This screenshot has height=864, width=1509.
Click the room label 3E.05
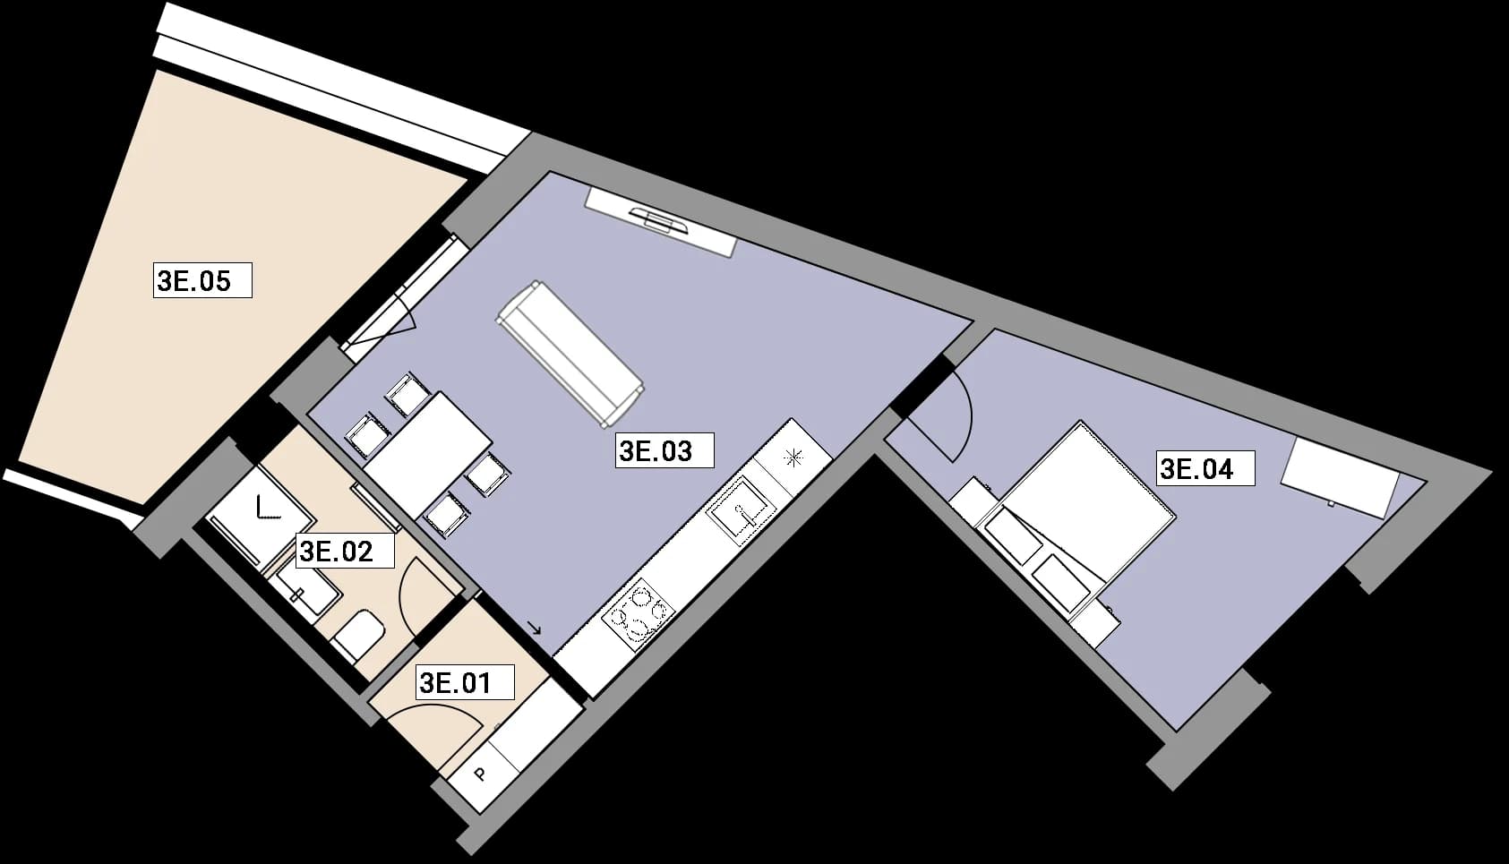[x=202, y=280]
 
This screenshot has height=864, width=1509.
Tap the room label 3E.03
[x=664, y=450]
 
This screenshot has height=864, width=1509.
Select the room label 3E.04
[x=1205, y=468]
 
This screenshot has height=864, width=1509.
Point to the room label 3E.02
[x=345, y=551]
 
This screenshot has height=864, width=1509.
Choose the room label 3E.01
[x=465, y=682]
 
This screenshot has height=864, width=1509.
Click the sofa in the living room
[x=570, y=354]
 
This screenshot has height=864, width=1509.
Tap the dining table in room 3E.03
[x=428, y=455]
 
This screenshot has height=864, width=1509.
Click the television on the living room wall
[x=660, y=221]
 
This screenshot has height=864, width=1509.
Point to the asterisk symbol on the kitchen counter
[x=793, y=458]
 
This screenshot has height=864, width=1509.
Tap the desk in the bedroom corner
[x=1340, y=478]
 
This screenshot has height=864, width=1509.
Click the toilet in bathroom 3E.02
[x=359, y=636]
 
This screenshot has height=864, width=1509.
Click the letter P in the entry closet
[x=480, y=774]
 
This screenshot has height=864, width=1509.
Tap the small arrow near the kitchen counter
[x=536, y=629]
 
